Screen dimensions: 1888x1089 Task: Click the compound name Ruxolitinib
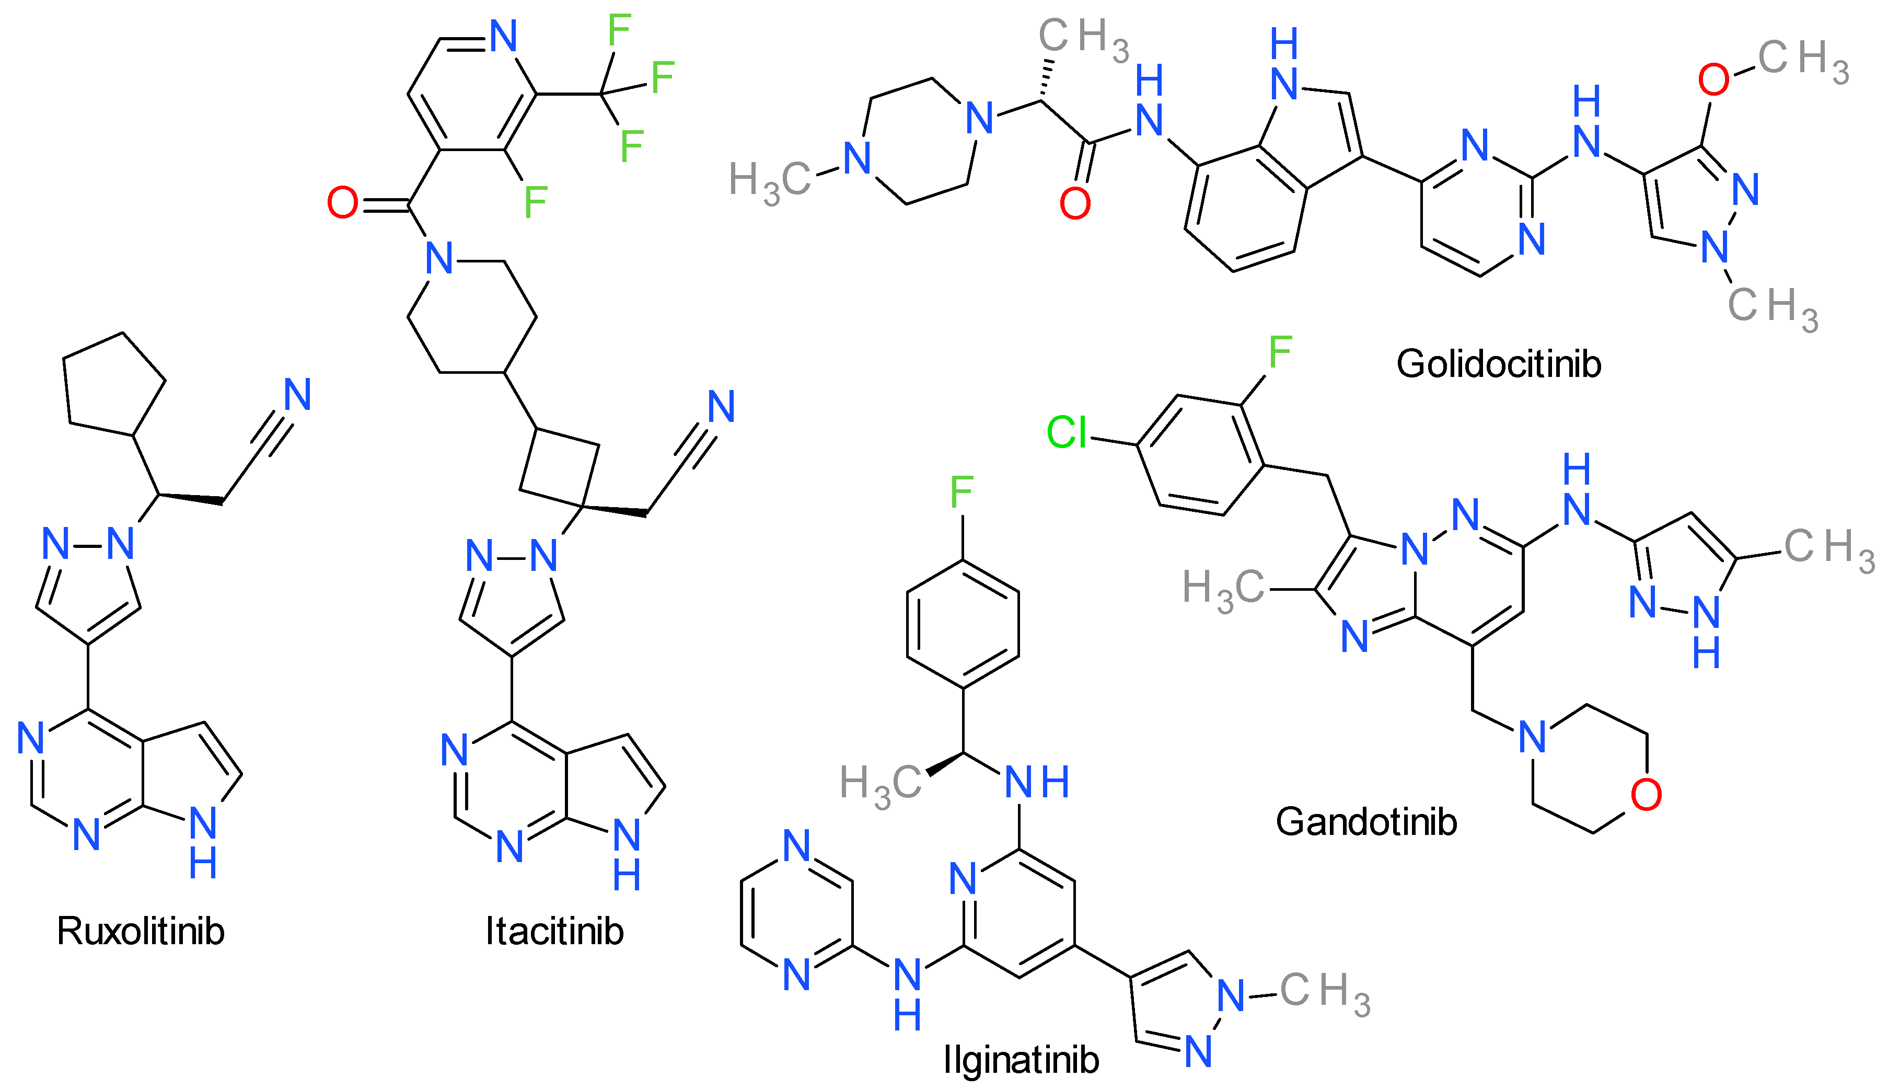pyautogui.click(x=141, y=931)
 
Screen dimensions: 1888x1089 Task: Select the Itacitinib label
pyautogui.click(x=554, y=931)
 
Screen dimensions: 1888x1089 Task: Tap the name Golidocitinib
pyautogui.click(x=1499, y=364)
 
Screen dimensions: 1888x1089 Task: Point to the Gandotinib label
pyautogui.click(x=1366, y=822)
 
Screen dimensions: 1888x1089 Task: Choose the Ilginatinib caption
pyautogui.click(x=1021, y=1060)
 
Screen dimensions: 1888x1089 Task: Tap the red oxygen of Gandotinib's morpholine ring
pyautogui.click(x=1646, y=795)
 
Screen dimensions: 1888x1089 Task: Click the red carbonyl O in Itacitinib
pyautogui.click(x=342, y=203)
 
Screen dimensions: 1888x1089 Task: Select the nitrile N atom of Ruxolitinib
pyautogui.click(x=297, y=394)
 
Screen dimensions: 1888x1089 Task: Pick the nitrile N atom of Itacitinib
pyautogui.click(x=721, y=406)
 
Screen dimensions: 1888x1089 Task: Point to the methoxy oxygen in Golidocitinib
pyautogui.click(x=1714, y=79)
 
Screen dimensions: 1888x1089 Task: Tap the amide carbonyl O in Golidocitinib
pyautogui.click(x=1075, y=203)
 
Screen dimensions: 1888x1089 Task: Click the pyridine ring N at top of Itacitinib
pyautogui.click(x=504, y=36)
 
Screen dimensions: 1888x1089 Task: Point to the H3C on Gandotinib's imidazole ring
pyautogui.click(x=1222, y=589)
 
